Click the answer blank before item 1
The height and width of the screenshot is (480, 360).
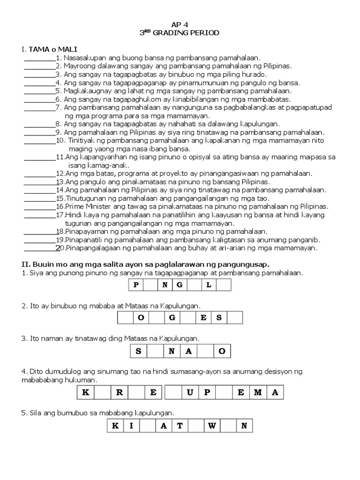pyautogui.click(x=39, y=58)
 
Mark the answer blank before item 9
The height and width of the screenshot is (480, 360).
pyautogui.click(x=39, y=133)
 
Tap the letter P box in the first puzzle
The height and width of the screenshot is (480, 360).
pyautogui.click(x=136, y=285)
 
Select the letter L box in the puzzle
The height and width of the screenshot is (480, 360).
pyautogui.click(x=209, y=285)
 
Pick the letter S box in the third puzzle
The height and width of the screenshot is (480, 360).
pyautogui.click(x=138, y=351)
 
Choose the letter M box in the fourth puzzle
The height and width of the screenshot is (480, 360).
pyautogui.click(x=258, y=392)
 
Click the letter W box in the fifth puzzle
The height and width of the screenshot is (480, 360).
pyautogui.click(x=211, y=426)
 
